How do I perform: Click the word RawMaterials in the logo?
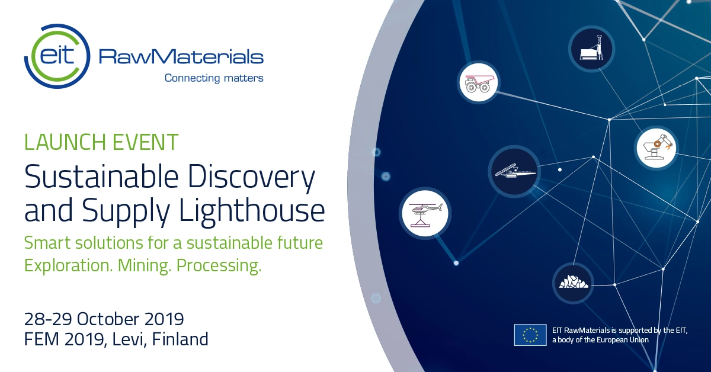(x=181, y=56)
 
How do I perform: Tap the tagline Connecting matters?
(x=214, y=78)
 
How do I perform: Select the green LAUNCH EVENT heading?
(x=101, y=142)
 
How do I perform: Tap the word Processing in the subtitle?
(x=219, y=265)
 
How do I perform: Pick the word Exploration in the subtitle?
(x=68, y=265)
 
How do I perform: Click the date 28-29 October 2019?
(x=104, y=319)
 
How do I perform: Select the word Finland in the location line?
(x=180, y=339)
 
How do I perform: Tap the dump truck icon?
(x=478, y=82)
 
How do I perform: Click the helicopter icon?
(x=425, y=213)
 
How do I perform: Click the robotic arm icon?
(x=656, y=148)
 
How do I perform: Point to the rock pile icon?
(x=574, y=283)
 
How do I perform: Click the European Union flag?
(x=530, y=335)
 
